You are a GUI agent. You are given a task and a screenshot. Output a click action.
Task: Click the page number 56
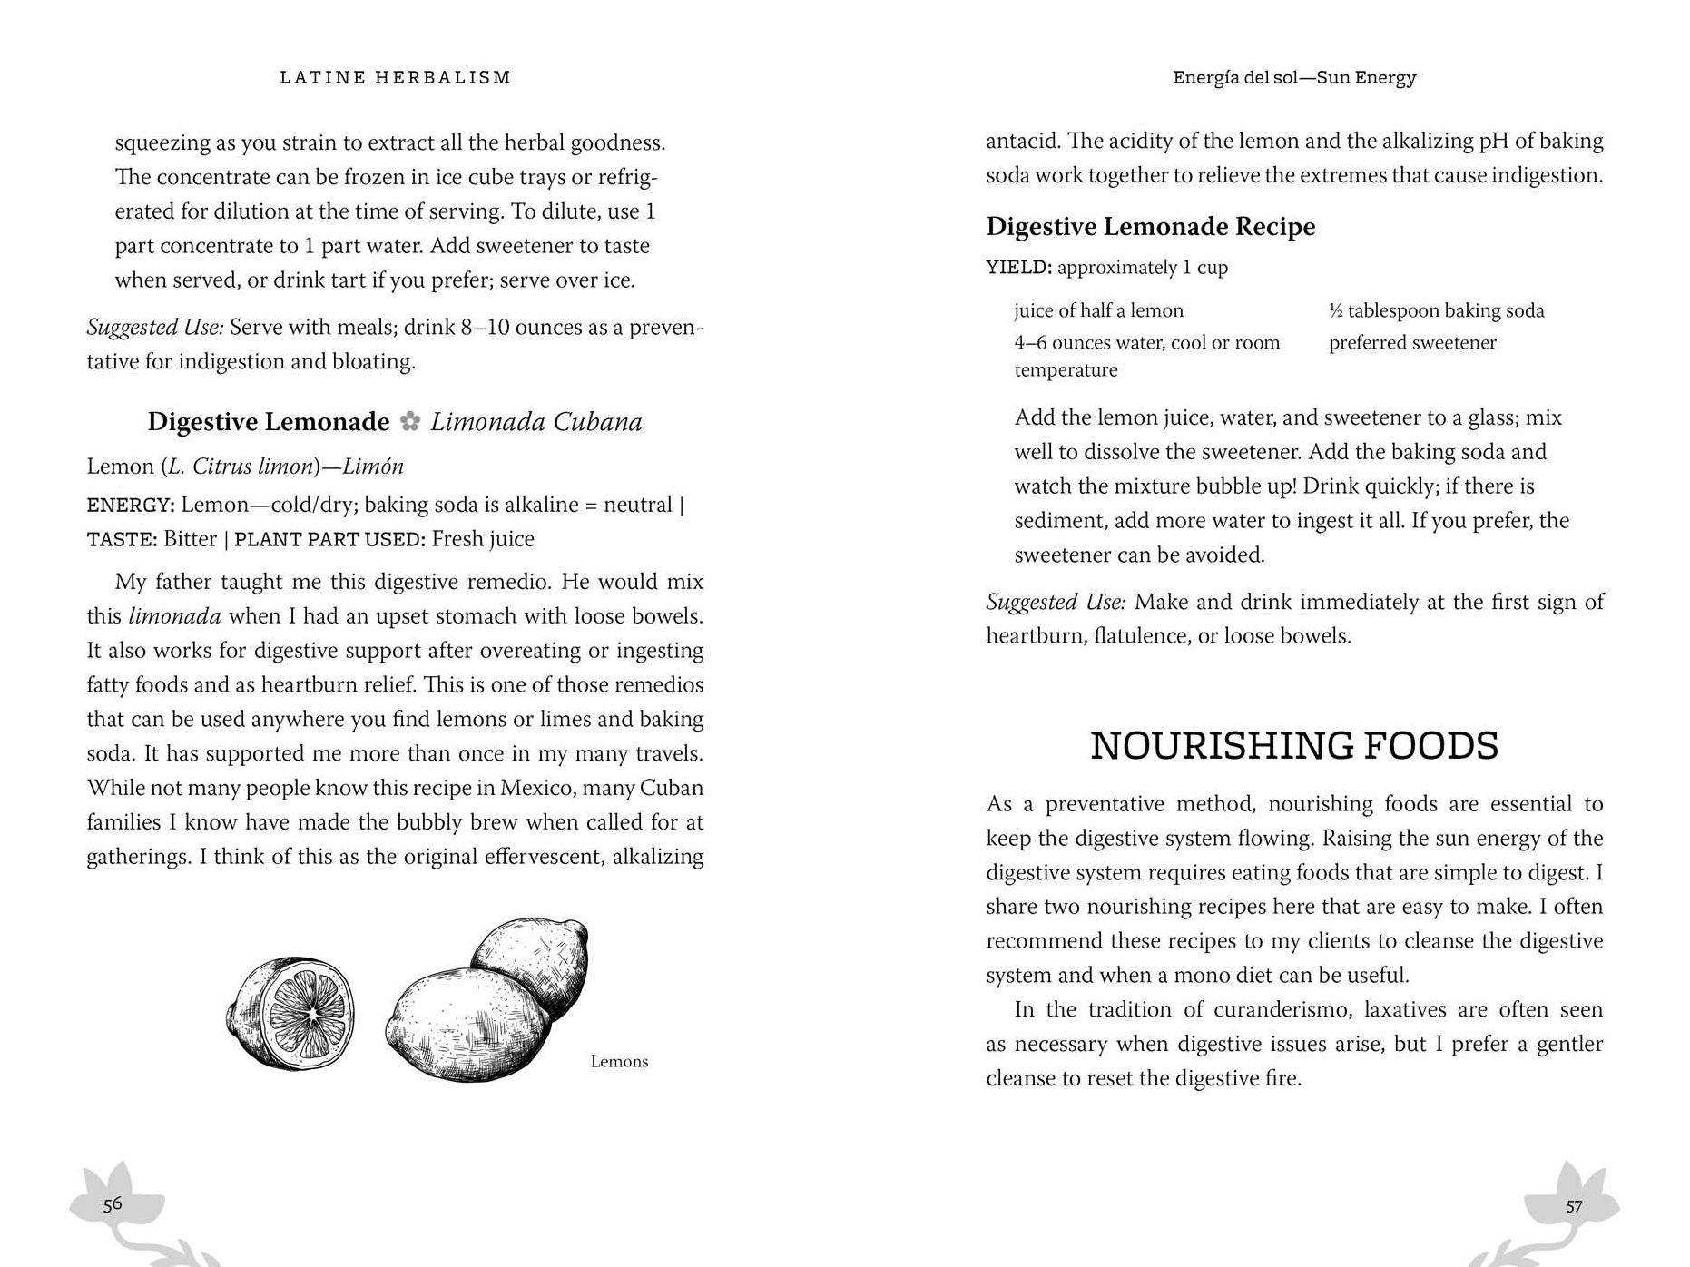[113, 1204]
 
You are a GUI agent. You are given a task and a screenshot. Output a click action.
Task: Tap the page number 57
[1574, 1206]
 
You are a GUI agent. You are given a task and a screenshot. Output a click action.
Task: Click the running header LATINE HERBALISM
[395, 78]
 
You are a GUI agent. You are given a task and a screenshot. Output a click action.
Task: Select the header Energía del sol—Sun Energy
[1294, 78]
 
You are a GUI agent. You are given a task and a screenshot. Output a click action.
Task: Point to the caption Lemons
[619, 1061]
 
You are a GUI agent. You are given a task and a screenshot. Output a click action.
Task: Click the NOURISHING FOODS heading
[1293, 745]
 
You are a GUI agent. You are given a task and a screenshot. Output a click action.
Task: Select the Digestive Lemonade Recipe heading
[1150, 226]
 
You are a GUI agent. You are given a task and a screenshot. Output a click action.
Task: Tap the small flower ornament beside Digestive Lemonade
[410, 421]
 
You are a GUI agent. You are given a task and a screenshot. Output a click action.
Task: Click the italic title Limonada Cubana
[535, 422]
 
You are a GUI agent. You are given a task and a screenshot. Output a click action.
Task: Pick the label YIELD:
[1018, 268]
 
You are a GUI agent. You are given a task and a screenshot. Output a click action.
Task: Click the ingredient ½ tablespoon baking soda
[1436, 310]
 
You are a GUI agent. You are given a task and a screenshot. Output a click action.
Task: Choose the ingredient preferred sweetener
[1412, 343]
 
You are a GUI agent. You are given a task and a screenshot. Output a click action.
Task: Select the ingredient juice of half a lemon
[1098, 310]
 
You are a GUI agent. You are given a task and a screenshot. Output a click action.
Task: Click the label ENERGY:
[130, 506]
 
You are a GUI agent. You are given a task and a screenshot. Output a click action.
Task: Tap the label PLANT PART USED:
[329, 539]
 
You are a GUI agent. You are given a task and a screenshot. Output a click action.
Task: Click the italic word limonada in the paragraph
[174, 616]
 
